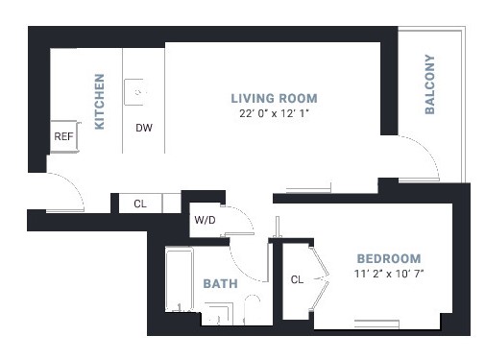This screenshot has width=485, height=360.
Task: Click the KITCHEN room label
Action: point(100,102)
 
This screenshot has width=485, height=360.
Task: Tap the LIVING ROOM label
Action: point(274,98)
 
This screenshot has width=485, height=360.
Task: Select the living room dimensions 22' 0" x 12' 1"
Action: point(274,113)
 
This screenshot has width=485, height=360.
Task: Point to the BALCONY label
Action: point(429,84)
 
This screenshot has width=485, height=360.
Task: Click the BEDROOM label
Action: point(389,258)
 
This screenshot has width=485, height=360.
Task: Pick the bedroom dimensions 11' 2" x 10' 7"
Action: point(389,274)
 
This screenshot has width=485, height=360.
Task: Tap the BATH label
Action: point(220,283)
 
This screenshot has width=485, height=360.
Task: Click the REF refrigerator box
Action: point(64,136)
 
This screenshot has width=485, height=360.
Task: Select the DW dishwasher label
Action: point(144,128)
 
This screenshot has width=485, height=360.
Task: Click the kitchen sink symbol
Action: point(134,92)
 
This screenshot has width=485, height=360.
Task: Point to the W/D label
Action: point(205,220)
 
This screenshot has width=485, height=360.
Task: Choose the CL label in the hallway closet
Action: point(140,204)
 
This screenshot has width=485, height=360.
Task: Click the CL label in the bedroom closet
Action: point(297,279)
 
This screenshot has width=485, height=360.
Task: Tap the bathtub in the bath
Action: point(180,278)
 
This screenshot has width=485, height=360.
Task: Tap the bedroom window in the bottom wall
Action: point(376,324)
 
